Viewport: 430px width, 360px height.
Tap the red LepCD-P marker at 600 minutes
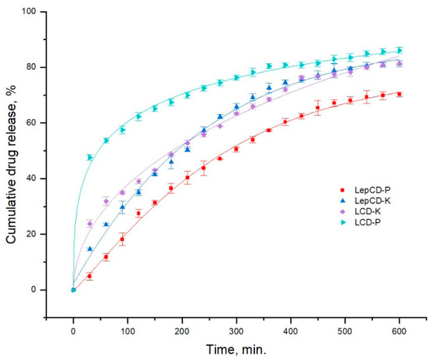click(x=399, y=94)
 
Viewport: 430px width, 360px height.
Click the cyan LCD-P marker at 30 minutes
click(x=90, y=157)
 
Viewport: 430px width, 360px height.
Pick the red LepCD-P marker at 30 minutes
click(x=90, y=275)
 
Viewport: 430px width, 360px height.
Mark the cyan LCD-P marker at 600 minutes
click(x=399, y=50)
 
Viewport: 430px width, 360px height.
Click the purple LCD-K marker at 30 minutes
click(x=90, y=223)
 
